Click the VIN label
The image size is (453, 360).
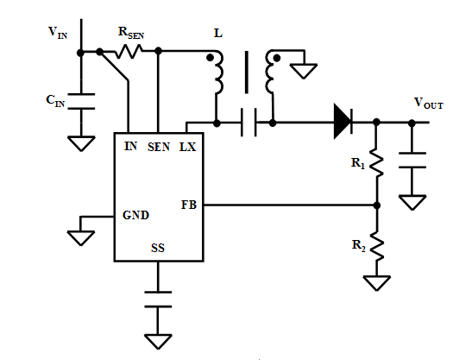[58, 33]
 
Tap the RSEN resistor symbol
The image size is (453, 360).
[129, 52]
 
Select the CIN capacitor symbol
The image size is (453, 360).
[81, 101]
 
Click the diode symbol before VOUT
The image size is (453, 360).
[343, 122]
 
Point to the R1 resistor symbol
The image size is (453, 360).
[376, 162]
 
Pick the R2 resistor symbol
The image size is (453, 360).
[377, 246]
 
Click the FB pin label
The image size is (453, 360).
[189, 205]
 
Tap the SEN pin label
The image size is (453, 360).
[159, 147]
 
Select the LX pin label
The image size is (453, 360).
[188, 147]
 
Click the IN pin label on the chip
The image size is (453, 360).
[130, 146]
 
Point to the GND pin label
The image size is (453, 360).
[135, 215]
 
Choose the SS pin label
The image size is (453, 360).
[158, 248]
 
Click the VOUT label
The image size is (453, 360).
[429, 103]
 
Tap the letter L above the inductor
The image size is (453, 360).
[218, 34]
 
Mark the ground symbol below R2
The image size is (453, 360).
[377, 283]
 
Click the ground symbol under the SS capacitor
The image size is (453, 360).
[158, 342]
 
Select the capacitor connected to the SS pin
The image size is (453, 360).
[158, 300]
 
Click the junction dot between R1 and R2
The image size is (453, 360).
[377, 205]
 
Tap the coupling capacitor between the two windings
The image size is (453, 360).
[249, 122]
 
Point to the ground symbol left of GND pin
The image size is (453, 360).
[81, 238]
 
